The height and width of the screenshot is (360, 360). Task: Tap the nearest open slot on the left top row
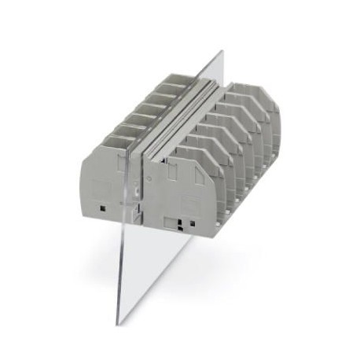click(118, 142)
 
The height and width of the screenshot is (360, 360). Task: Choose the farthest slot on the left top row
click(178, 78)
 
